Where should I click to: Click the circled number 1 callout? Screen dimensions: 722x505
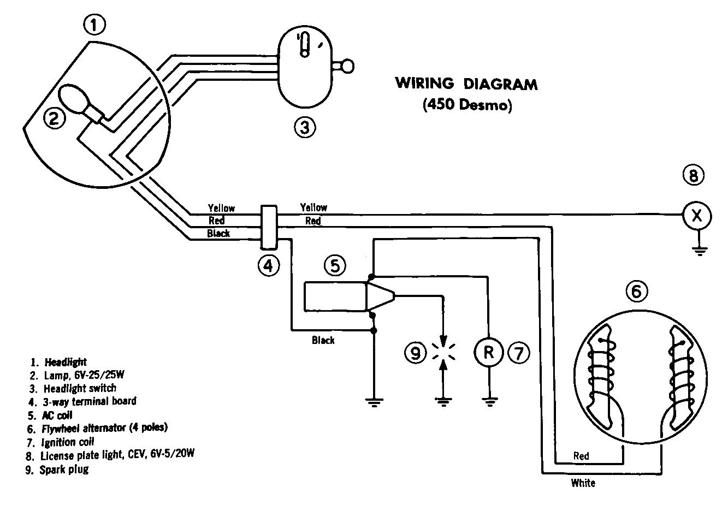coord(94,25)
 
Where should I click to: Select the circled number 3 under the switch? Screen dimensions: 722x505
coord(305,127)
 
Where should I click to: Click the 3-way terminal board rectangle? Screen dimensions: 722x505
coord(269,227)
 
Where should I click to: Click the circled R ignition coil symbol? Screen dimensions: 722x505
coord(489,352)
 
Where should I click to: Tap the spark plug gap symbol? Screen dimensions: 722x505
coord(443,351)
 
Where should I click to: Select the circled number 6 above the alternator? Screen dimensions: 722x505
coord(637,292)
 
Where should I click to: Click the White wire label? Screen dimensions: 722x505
coord(583,483)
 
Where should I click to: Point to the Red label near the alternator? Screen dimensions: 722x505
coord(581,456)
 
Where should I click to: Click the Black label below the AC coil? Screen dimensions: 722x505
coord(323,340)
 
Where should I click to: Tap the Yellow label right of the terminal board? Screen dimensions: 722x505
coord(313,207)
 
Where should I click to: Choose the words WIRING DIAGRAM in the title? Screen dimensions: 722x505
coord(466,84)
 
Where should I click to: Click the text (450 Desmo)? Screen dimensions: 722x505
coord(467,105)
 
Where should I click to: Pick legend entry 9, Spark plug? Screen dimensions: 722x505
coord(57,470)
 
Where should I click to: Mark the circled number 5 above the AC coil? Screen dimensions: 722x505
coord(335,266)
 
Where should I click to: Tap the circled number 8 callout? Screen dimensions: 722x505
coord(693,175)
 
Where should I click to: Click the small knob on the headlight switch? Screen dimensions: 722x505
coord(347,67)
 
